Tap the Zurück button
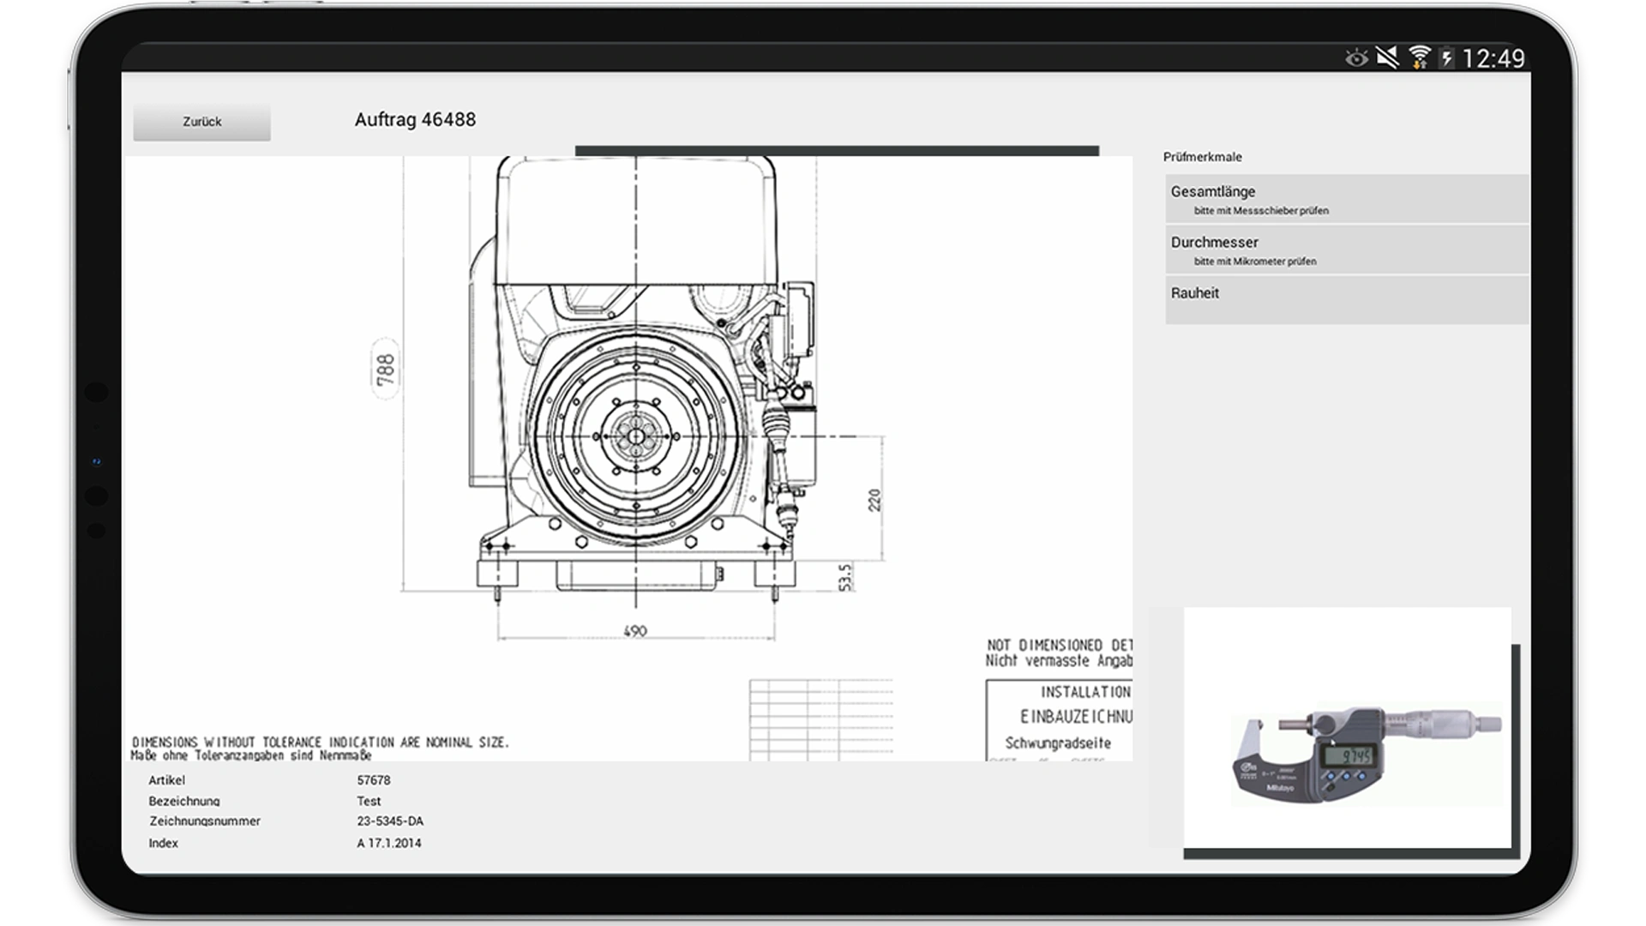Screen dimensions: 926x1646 (201, 122)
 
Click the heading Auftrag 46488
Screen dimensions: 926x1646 (415, 120)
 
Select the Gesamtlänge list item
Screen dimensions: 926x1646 (1346, 199)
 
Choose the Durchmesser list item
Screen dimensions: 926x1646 (1346, 250)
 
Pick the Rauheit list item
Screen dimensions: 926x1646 (1346, 298)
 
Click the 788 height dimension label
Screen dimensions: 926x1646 (386, 370)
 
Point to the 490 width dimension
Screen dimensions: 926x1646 (635, 631)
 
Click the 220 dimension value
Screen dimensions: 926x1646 (874, 500)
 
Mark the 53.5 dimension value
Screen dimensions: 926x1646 (845, 577)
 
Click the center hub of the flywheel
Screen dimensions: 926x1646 (636, 436)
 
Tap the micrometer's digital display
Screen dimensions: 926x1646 (1346, 756)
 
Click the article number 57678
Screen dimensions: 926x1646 (374, 780)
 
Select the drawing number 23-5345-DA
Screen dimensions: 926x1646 (390, 821)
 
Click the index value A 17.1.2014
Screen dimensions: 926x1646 (389, 844)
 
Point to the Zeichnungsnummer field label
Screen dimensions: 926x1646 (205, 821)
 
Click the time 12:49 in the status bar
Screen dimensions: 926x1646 (1493, 58)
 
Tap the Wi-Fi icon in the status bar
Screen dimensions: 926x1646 (1420, 57)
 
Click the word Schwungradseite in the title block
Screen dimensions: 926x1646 (1058, 743)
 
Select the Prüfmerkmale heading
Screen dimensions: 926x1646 (1202, 157)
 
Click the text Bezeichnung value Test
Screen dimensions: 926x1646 (369, 801)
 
